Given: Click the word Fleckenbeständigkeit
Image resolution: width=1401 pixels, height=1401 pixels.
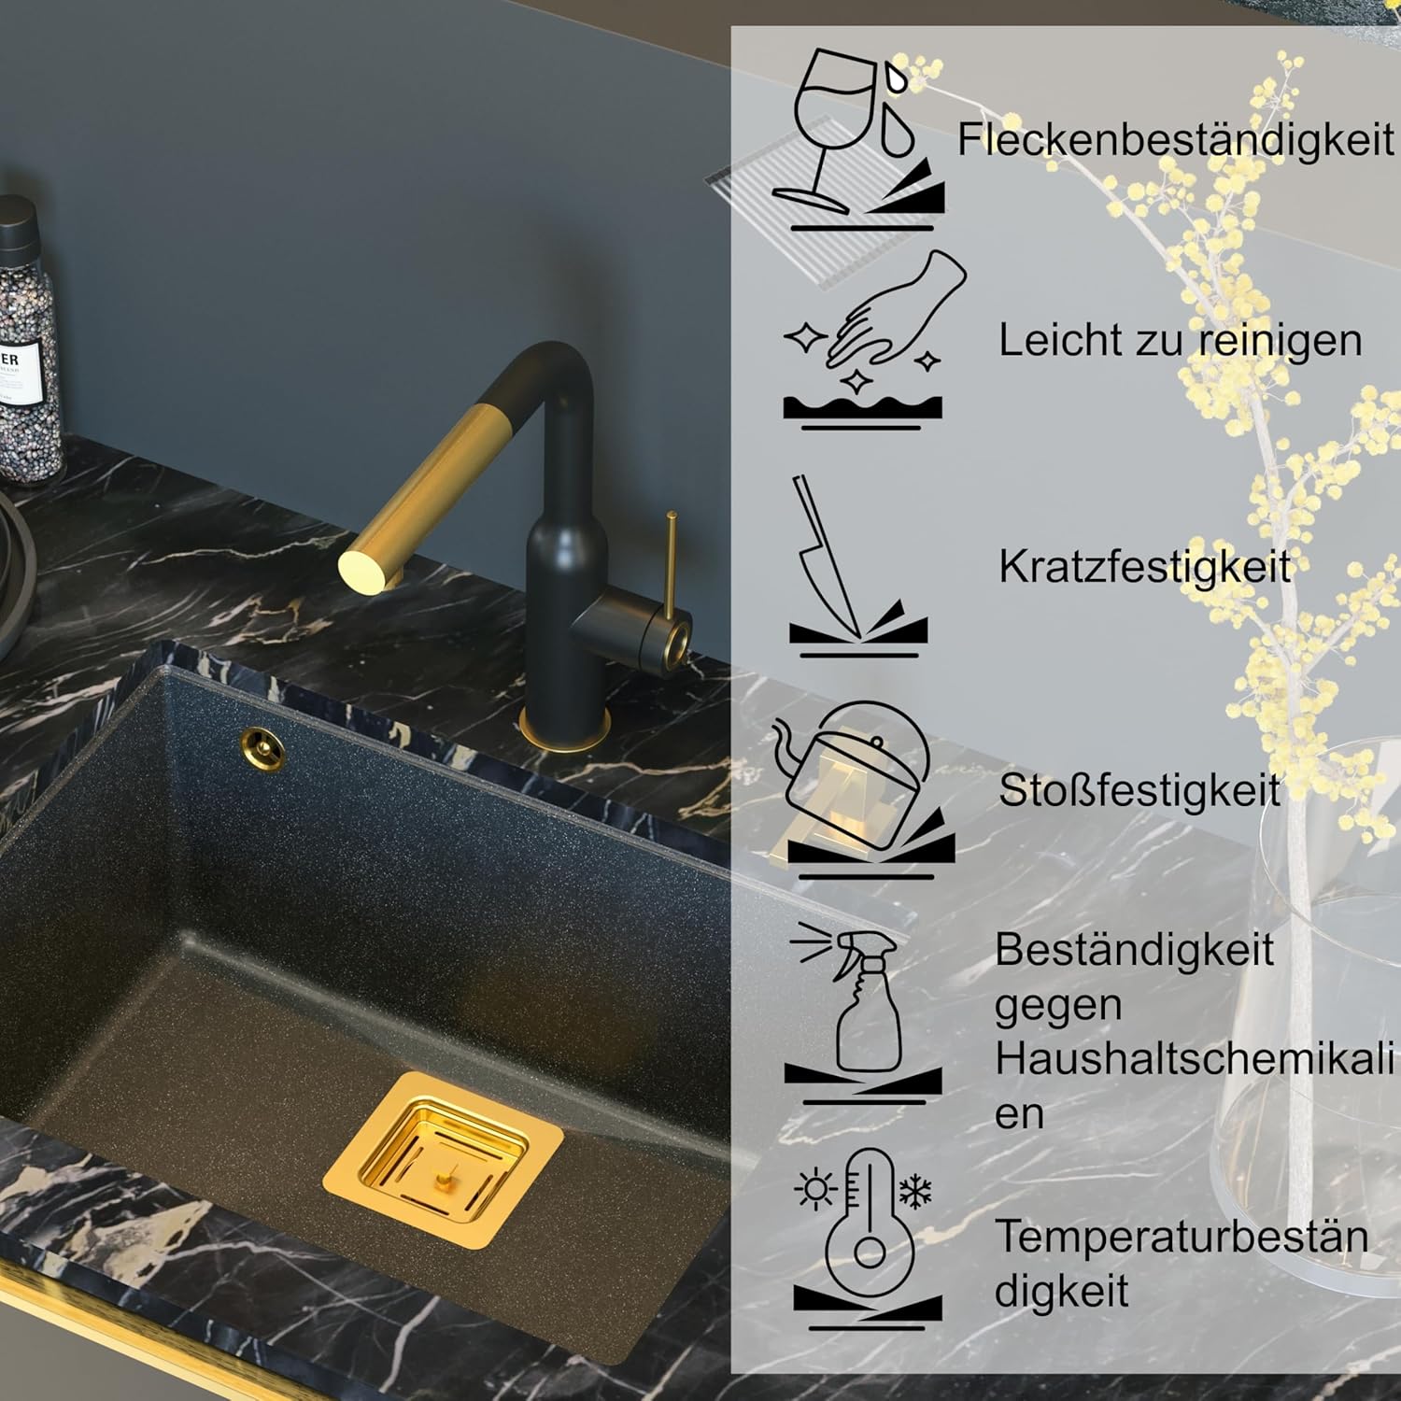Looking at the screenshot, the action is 1175,140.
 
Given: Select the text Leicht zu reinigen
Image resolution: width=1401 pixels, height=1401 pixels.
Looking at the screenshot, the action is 1181,341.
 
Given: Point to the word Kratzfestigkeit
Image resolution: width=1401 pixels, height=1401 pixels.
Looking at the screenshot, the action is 1144,567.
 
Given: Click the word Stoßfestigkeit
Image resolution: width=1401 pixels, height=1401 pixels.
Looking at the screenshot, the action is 1139,790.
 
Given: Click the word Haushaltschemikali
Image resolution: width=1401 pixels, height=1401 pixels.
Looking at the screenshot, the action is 1194,1059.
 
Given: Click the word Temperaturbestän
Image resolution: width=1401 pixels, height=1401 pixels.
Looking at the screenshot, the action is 1182,1237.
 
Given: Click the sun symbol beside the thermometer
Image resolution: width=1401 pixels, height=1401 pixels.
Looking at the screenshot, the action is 815,1189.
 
